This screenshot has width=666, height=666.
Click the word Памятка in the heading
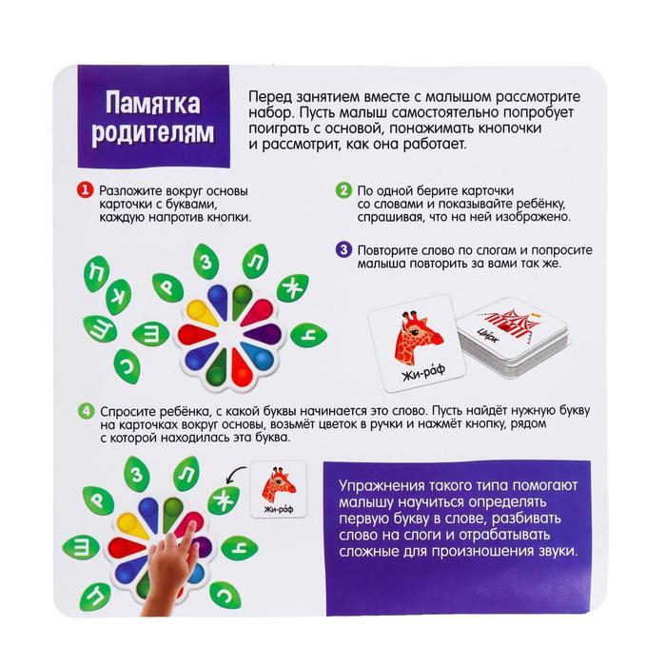[153, 103]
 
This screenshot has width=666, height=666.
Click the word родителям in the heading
[153, 132]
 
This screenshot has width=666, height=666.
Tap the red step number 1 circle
[85, 190]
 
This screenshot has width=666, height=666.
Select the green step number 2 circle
[343, 190]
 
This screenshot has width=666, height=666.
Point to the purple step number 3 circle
[343, 249]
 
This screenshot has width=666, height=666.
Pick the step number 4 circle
[87, 411]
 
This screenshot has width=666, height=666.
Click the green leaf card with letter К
[119, 297]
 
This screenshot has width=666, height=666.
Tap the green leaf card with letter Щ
[100, 329]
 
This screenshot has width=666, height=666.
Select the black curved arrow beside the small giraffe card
[235, 473]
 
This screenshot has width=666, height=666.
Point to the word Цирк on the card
[487, 335]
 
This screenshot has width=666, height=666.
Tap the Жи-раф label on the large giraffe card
[423, 372]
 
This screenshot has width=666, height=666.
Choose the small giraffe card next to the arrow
[279, 489]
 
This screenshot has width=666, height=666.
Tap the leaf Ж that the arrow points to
[224, 499]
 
